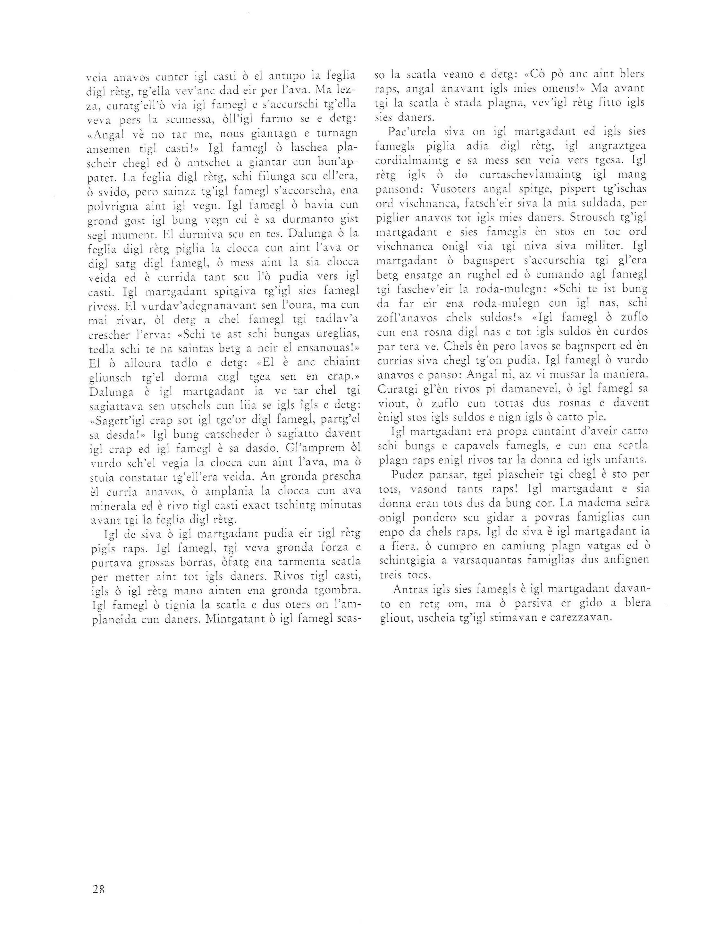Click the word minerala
click(112, 507)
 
